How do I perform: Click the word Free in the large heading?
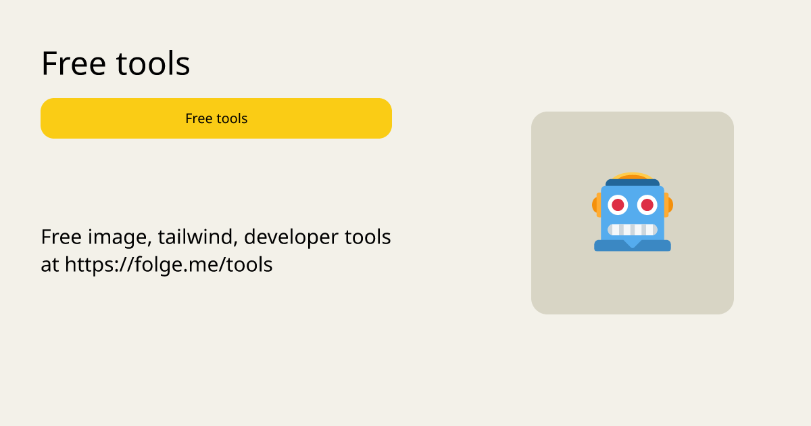point(74,64)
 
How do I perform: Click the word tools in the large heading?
point(153,64)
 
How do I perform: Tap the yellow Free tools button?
point(216,118)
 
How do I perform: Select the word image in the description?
point(120,238)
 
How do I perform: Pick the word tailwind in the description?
point(197,237)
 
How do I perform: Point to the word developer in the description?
point(291,238)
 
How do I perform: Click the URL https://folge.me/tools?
point(169,265)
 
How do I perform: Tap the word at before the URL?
point(50,265)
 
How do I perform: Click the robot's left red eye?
point(618,205)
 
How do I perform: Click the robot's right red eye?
point(647,205)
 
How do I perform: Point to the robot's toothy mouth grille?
point(633,230)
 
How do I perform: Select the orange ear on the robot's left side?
point(596,205)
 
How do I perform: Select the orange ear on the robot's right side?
point(668,205)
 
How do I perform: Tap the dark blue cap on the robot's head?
point(633,183)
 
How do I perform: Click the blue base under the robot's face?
point(633,245)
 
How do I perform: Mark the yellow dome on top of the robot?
point(633,176)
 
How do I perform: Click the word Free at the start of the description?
point(62,237)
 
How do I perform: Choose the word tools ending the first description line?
point(368,237)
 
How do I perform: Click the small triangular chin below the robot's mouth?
point(633,243)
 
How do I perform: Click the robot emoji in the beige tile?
point(633,212)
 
